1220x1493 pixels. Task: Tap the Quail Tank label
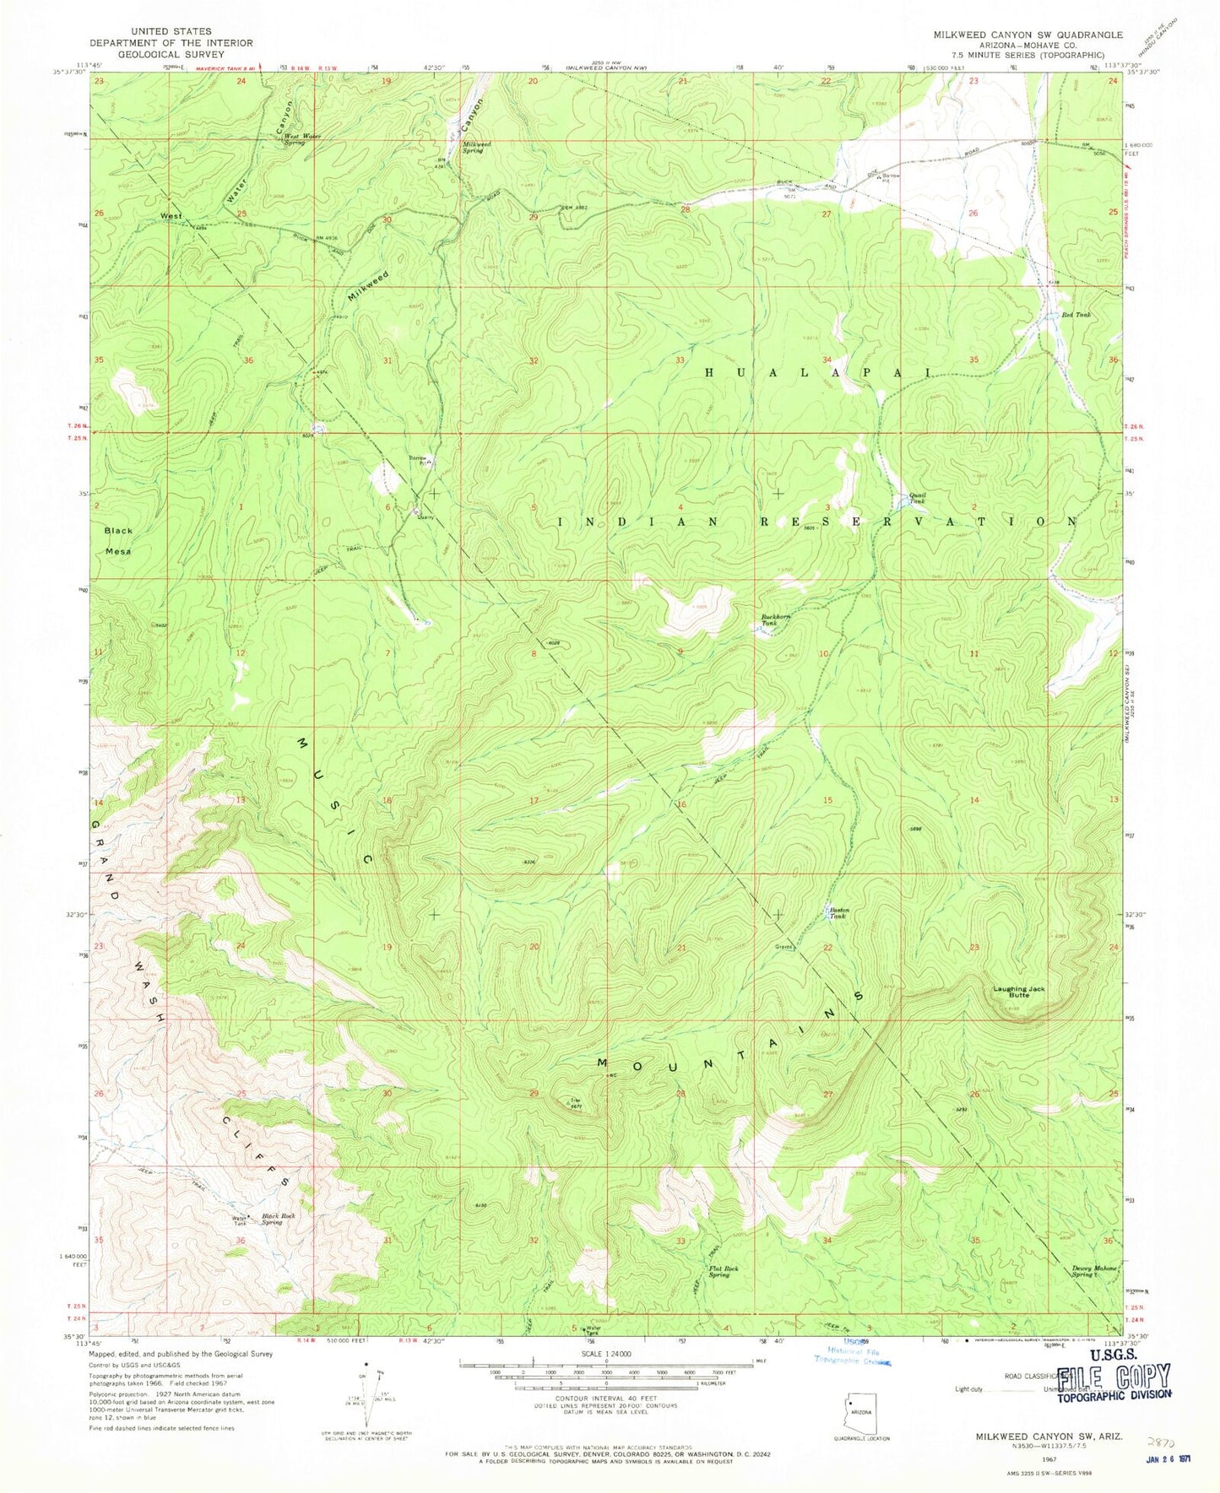point(917,498)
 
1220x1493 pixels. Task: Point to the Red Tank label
point(1076,315)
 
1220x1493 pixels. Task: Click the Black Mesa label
point(119,539)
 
